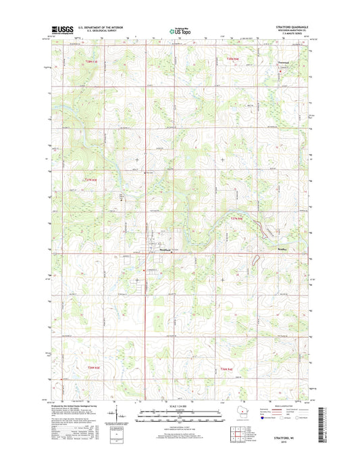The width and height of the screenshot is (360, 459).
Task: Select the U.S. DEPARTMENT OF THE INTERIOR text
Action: (x=100, y=27)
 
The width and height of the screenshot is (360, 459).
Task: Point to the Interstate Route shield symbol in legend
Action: (x=245, y=417)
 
